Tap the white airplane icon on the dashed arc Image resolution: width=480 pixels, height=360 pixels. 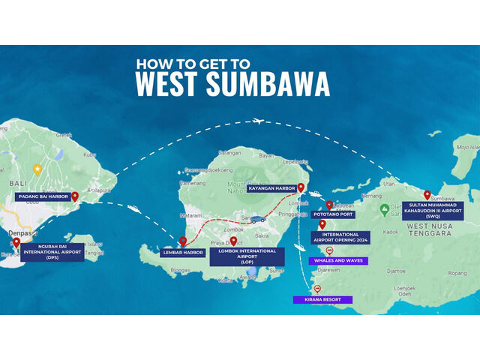pyautogui.click(x=259, y=121)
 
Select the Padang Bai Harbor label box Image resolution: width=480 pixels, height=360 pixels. pyautogui.click(x=42, y=196)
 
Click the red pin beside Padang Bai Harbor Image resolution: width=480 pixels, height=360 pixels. pyautogui.click(x=75, y=196)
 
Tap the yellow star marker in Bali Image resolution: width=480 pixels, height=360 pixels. pyautogui.click(x=37, y=169)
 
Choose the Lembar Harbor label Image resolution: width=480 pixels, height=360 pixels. pyautogui.click(x=182, y=252)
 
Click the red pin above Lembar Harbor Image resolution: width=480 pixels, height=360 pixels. pyautogui.click(x=182, y=241)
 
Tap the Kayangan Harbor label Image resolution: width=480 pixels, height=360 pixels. pyautogui.click(x=272, y=189)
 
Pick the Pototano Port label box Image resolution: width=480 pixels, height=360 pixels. pyautogui.click(x=334, y=214)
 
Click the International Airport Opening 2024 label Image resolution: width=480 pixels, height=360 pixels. pyautogui.click(x=340, y=238)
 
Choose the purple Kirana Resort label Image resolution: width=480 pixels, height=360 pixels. pyautogui.click(x=322, y=299)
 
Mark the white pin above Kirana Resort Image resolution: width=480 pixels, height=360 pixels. pyautogui.click(x=317, y=289)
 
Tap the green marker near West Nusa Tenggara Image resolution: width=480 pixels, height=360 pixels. pyautogui.click(x=385, y=208)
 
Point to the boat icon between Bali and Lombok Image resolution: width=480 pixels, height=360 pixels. pyautogui.click(x=133, y=208)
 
